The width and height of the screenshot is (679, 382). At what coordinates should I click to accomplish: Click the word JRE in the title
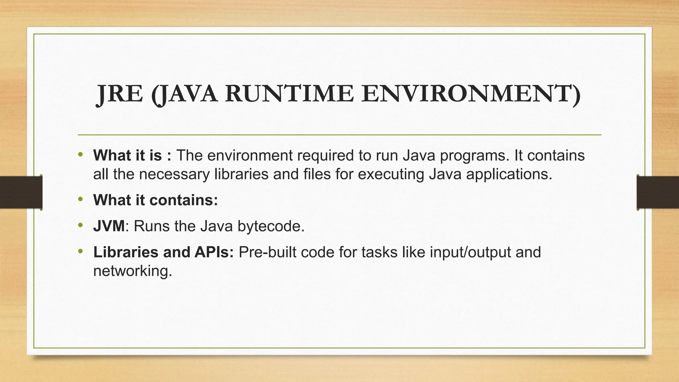tap(120, 94)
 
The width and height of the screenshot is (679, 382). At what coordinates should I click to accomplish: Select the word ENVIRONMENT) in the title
tap(471, 94)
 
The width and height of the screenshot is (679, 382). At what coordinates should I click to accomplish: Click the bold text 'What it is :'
tap(132, 155)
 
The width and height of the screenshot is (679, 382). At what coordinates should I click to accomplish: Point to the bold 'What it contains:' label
tap(155, 200)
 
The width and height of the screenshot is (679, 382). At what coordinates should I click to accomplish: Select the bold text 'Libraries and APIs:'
tap(163, 252)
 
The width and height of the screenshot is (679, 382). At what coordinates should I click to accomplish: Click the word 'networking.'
tap(133, 271)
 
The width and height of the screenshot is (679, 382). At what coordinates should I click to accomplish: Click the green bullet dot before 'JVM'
tap(80, 225)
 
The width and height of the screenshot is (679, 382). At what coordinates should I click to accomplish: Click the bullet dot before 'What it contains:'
tap(80, 199)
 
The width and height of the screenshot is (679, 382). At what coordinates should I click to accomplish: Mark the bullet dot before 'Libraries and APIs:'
tap(80, 251)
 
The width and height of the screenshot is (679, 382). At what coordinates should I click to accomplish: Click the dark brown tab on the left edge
tap(21, 192)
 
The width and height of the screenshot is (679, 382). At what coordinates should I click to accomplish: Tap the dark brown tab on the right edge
tap(658, 192)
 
